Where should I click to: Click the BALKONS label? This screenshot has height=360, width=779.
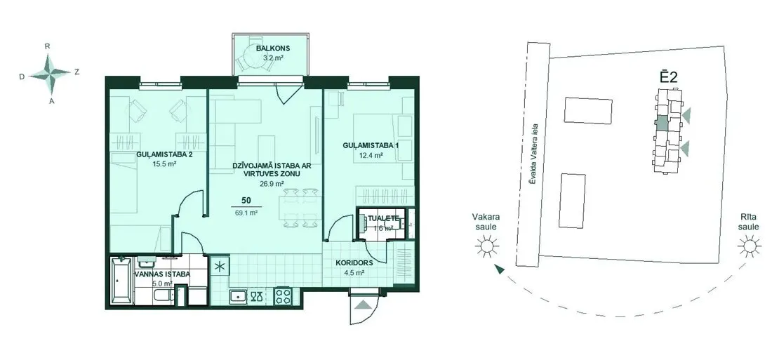click(x=273, y=48)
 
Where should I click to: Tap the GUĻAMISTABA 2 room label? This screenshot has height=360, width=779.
click(x=164, y=154)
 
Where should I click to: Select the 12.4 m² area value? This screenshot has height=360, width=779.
click(x=370, y=155)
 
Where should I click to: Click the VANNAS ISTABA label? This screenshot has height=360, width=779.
click(x=162, y=274)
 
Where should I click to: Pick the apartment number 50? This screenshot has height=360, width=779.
click(x=246, y=201)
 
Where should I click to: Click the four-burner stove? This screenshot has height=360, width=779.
click(x=284, y=296)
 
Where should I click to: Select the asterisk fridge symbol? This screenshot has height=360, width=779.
click(x=219, y=265)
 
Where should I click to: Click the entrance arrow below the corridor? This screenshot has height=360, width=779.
click(x=363, y=305)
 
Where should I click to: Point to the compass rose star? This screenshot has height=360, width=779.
click(x=50, y=74)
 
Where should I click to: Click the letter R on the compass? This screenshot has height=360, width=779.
click(x=48, y=46)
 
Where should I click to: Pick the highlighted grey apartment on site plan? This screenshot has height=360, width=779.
click(x=662, y=123)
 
